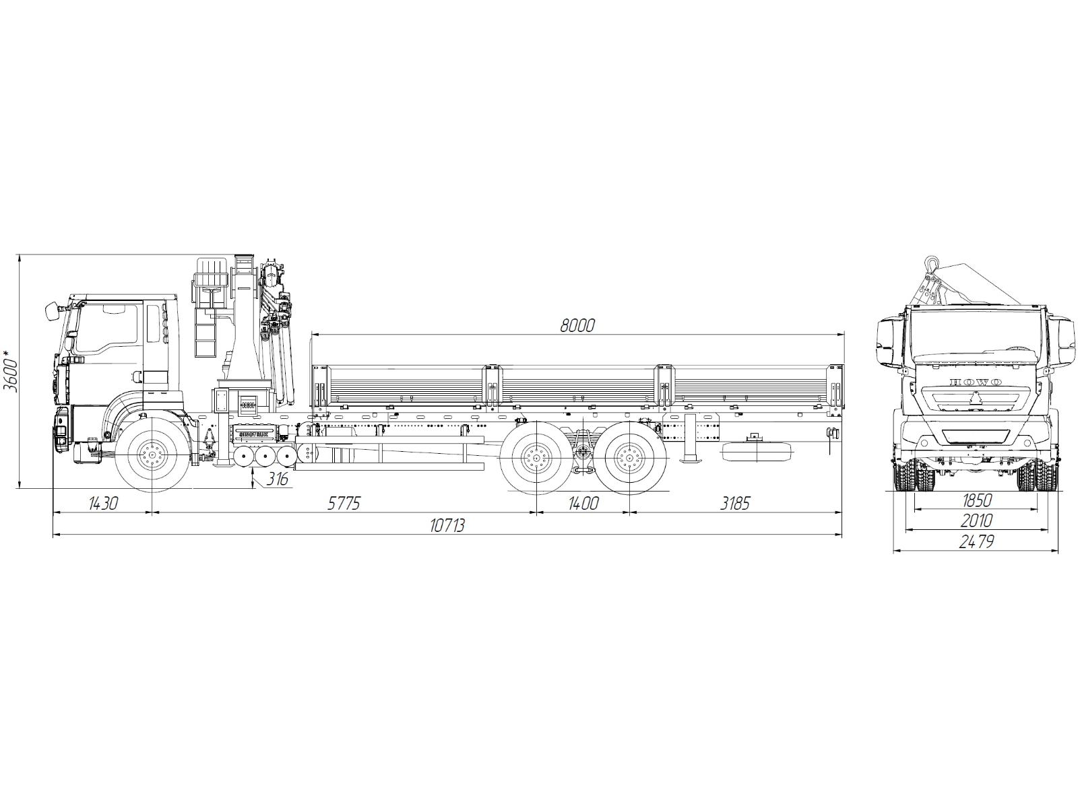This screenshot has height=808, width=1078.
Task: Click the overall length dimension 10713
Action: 447,526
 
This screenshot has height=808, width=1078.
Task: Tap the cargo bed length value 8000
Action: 577,326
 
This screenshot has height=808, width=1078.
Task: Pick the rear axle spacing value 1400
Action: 583,503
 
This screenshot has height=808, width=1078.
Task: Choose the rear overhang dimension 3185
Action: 734,503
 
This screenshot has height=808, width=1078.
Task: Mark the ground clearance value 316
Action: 277,479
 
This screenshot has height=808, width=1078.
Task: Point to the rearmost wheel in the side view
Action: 628,459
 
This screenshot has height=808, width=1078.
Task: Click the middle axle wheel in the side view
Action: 536,459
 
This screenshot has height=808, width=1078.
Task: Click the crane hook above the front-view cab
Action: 932,265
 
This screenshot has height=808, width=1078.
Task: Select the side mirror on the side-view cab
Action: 51,311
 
